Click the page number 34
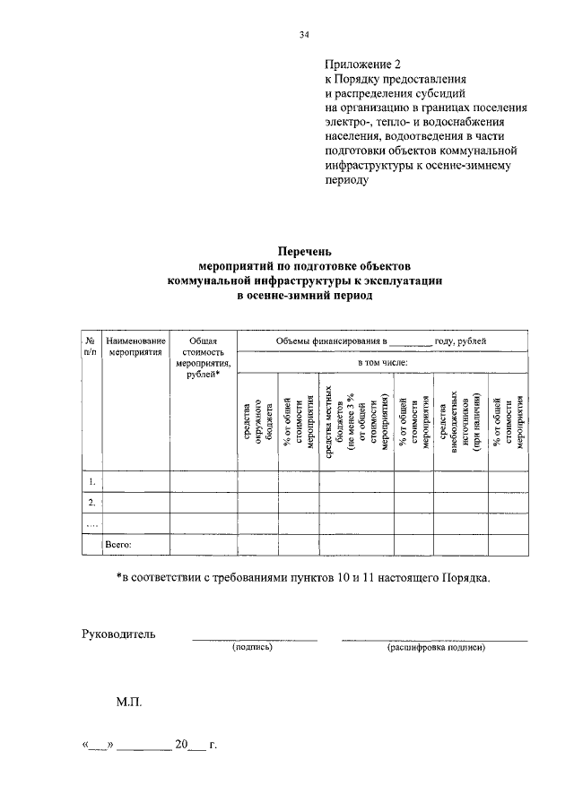pos(304,35)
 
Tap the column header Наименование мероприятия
pos(135,346)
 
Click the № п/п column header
pos(91,346)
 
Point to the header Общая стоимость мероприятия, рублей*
pos(204,357)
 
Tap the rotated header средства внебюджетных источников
pos(461,420)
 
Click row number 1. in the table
pos(91,482)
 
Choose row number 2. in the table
pos(91,503)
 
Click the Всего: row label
pos(119,544)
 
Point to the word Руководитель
pos(119,634)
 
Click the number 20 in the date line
pos(182,745)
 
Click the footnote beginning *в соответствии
pos(304,578)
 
